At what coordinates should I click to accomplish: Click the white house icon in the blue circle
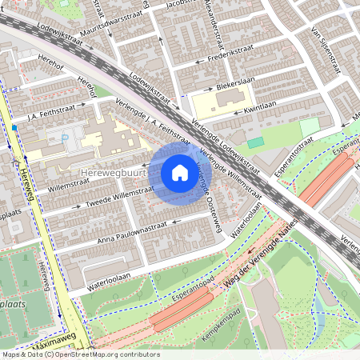[179, 172]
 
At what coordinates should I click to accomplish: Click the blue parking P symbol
[65, 137]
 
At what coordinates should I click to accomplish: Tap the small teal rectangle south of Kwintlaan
[255, 142]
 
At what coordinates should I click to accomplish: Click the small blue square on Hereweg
[14, 126]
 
